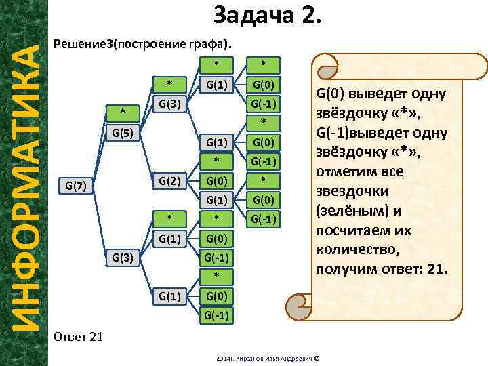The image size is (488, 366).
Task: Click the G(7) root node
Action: (x=75, y=184)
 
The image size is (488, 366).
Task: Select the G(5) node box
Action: (x=123, y=132)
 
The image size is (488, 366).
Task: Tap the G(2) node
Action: (x=169, y=181)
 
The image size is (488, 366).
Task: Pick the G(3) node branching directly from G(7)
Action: (x=123, y=257)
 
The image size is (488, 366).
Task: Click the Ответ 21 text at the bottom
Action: (x=77, y=337)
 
